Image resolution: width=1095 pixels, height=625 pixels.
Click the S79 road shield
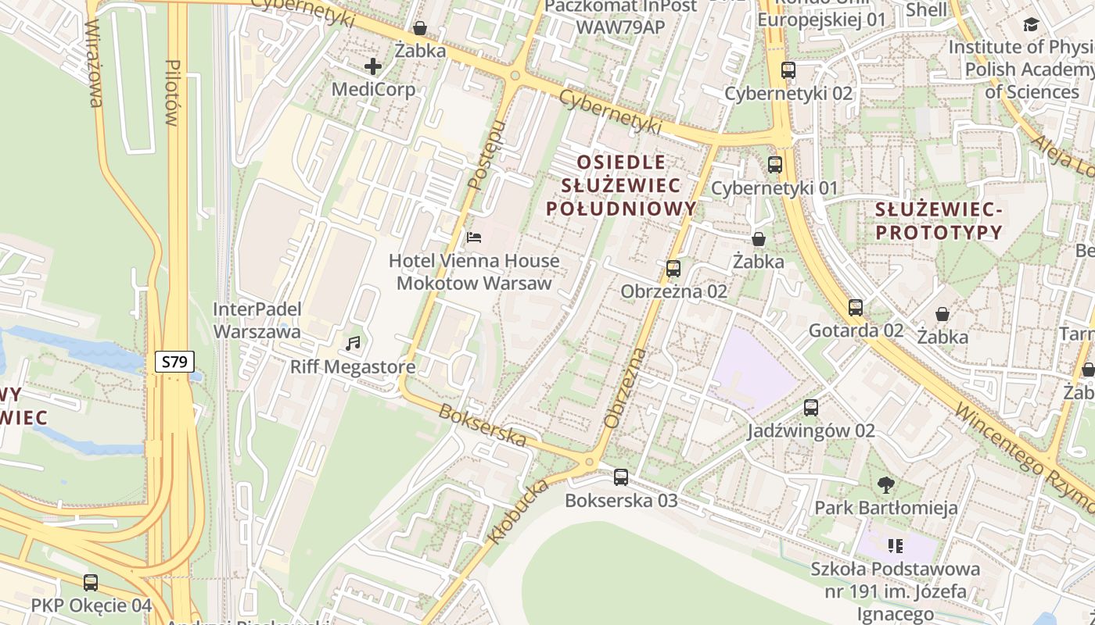pyautogui.click(x=174, y=362)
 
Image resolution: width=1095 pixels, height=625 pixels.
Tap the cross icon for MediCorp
pyautogui.click(x=373, y=66)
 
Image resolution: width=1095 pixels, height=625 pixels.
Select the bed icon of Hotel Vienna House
pyautogui.click(x=473, y=237)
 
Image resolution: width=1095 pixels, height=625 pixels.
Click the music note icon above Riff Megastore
pyautogui.click(x=354, y=343)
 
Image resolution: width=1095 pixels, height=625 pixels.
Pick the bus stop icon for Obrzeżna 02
pyautogui.click(x=673, y=269)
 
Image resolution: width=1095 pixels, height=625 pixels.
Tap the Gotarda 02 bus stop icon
pyautogui.click(x=856, y=308)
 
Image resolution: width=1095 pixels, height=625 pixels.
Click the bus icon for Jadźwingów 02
pyautogui.click(x=811, y=408)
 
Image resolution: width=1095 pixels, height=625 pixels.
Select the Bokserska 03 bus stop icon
pyautogui.click(x=621, y=477)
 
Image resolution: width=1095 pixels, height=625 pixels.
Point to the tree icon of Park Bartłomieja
pyautogui.click(x=886, y=485)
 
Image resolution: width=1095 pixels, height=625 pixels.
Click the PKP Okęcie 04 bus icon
pyautogui.click(x=91, y=583)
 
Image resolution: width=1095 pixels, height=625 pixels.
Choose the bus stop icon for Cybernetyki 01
pyautogui.click(x=774, y=165)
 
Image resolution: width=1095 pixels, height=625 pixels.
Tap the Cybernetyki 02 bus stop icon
pyautogui.click(x=788, y=70)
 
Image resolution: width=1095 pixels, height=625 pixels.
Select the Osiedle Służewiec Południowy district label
pyautogui.click(x=621, y=185)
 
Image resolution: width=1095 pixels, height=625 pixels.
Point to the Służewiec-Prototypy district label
pyautogui.click(x=939, y=221)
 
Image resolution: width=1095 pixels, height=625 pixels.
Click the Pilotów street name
pyautogui.click(x=172, y=92)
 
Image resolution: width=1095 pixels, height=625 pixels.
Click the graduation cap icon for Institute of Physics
pyautogui.click(x=1031, y=25)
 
